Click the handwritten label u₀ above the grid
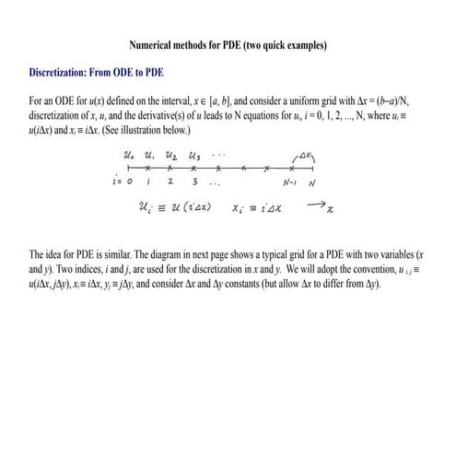128,158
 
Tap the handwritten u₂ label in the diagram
172,158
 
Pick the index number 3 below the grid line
194,182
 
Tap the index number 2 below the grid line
172,182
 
